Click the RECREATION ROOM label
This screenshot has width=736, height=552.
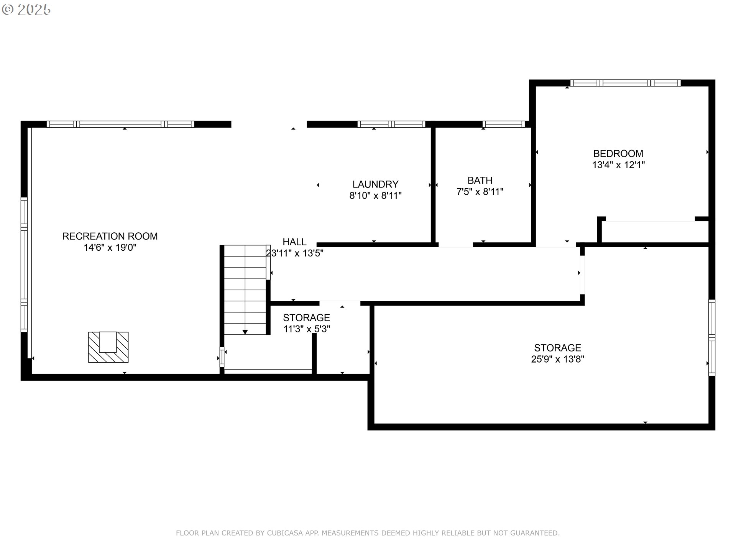pyautogui.click(x=110, y=236)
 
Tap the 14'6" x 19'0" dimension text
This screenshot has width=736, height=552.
pyautogui.click(x=110, y=248)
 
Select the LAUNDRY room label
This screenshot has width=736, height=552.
pyautogui.click(x=375, y=184)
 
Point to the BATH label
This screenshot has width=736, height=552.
pyautogui.click(x=480, y=181)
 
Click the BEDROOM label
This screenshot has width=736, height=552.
pyautogui.click(x=618, y=154)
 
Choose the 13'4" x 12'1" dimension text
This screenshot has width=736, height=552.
pyautogui.click(x=618, y=165)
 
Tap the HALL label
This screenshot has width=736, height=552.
pyautogui.click(x=294, y=242)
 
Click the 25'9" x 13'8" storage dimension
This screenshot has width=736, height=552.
pyautogui.click(x=557, y=359)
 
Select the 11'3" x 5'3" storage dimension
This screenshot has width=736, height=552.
pyautogui.click(x=307, y=329)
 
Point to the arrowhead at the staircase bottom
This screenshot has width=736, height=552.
pyautogui.click(x=245, y=332)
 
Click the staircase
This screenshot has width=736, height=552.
pyautogui.click(x=245, y=290)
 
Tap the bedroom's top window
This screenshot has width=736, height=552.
pyautogui.click(x=625, y=83)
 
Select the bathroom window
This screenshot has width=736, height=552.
pyautogui.click(x=503, y=124)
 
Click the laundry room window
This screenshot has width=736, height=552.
pyautogui.click(x=391, y=124)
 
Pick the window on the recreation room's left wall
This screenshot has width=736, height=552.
pyautogui.click(x=24, y=264)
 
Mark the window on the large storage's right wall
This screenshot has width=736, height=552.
pyautogui.click(x=712, y=337)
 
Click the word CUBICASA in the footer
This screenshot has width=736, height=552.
pyautogui.click(x=285, y=533)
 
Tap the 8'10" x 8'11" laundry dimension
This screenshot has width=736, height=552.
pyautogui.click(x=375, y=196)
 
